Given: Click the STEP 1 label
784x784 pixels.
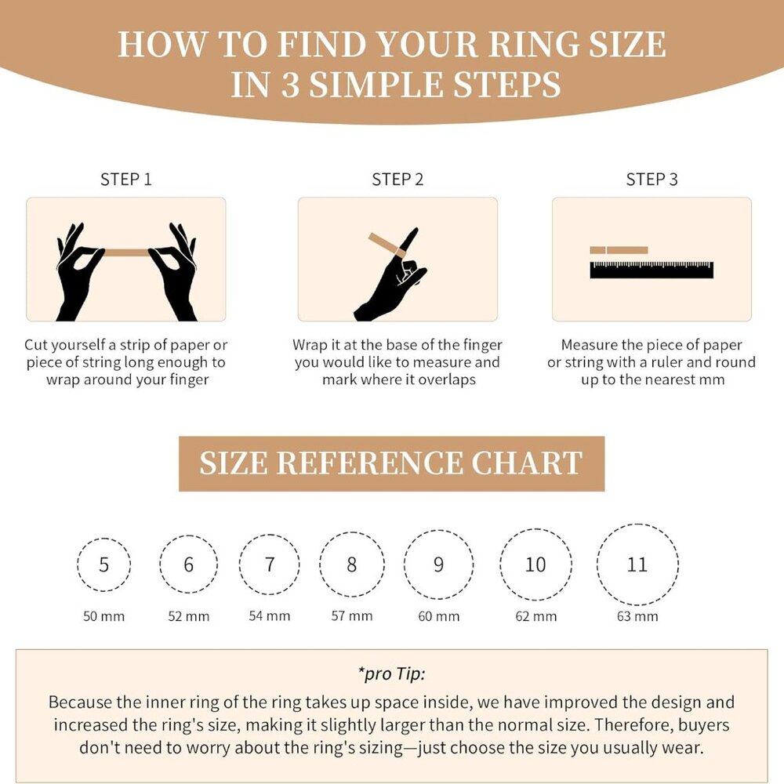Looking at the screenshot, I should click(x=125, y=180).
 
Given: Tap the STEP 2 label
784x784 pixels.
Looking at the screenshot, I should click(x=397, y=180).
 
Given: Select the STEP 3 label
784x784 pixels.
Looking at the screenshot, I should click(x=652, y=180).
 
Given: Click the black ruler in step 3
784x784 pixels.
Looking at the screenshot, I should click(x=652, y=270).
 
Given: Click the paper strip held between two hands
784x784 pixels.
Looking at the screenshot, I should click(x=126, y=252).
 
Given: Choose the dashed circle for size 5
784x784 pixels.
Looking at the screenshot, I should click(x=104, y=564).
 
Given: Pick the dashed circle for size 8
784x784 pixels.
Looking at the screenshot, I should click(x=352, y=564).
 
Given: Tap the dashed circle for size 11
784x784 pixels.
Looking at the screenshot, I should click(x=637, y=564).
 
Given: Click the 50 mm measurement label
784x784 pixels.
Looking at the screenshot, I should click(x=104, y=616).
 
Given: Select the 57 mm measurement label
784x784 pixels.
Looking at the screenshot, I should click(x=352, y=616).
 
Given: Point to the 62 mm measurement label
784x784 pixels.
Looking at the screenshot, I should click(x=535, y=616).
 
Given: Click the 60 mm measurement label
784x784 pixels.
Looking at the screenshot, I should click(x=439, y=616).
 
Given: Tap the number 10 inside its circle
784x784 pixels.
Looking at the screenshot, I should click(x=535, y=564).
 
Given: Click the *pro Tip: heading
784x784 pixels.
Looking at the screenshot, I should click(x=391, y=673).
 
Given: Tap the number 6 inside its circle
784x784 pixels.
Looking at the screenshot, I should click(x=188, y=564).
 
